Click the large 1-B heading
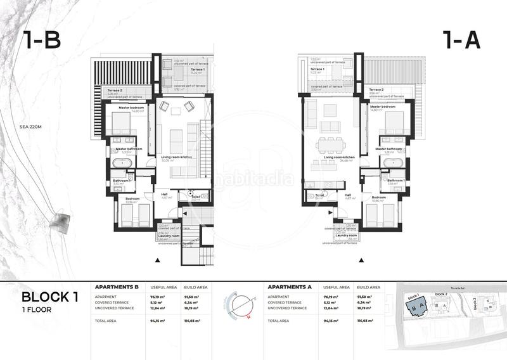point(42,40)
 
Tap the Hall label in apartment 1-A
point(347,195)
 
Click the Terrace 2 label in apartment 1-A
point(376,90)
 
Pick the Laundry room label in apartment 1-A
point(340,236)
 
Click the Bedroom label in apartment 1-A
point(379,197)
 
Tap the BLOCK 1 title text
point(50,297)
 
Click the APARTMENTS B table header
point(116,287)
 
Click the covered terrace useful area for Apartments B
point(157,302)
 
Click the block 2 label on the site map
point(441,295)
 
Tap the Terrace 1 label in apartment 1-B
point(180,72)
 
